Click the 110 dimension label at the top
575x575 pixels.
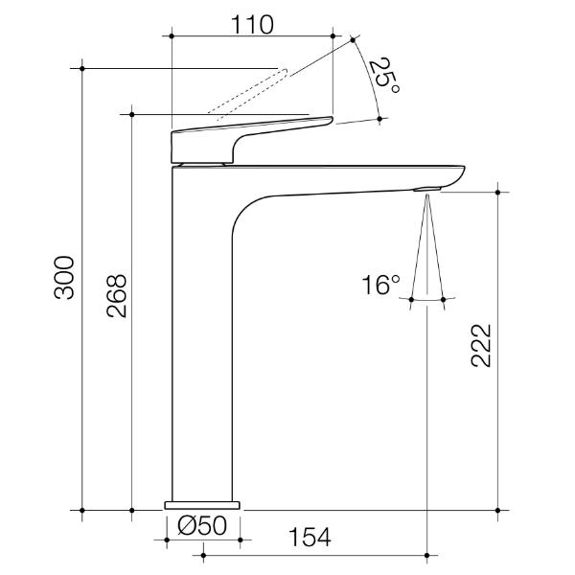click(x=251, y=24)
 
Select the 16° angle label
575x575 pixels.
click(x=380, y=285)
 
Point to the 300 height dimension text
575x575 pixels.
click(x=64, y=278)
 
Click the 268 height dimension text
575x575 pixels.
click(x=115, y=298)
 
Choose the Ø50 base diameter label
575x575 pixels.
click(x=201, y=525)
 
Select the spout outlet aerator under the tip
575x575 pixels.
click(x=426, y=189)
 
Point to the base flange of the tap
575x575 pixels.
click(x=202, y=503)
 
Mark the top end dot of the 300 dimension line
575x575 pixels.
click(x=83, y=68)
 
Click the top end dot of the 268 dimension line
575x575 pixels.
click(x=131, y=114)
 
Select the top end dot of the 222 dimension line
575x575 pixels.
click(x=497, y=193)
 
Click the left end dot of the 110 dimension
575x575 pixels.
click(x=171, y=36)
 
